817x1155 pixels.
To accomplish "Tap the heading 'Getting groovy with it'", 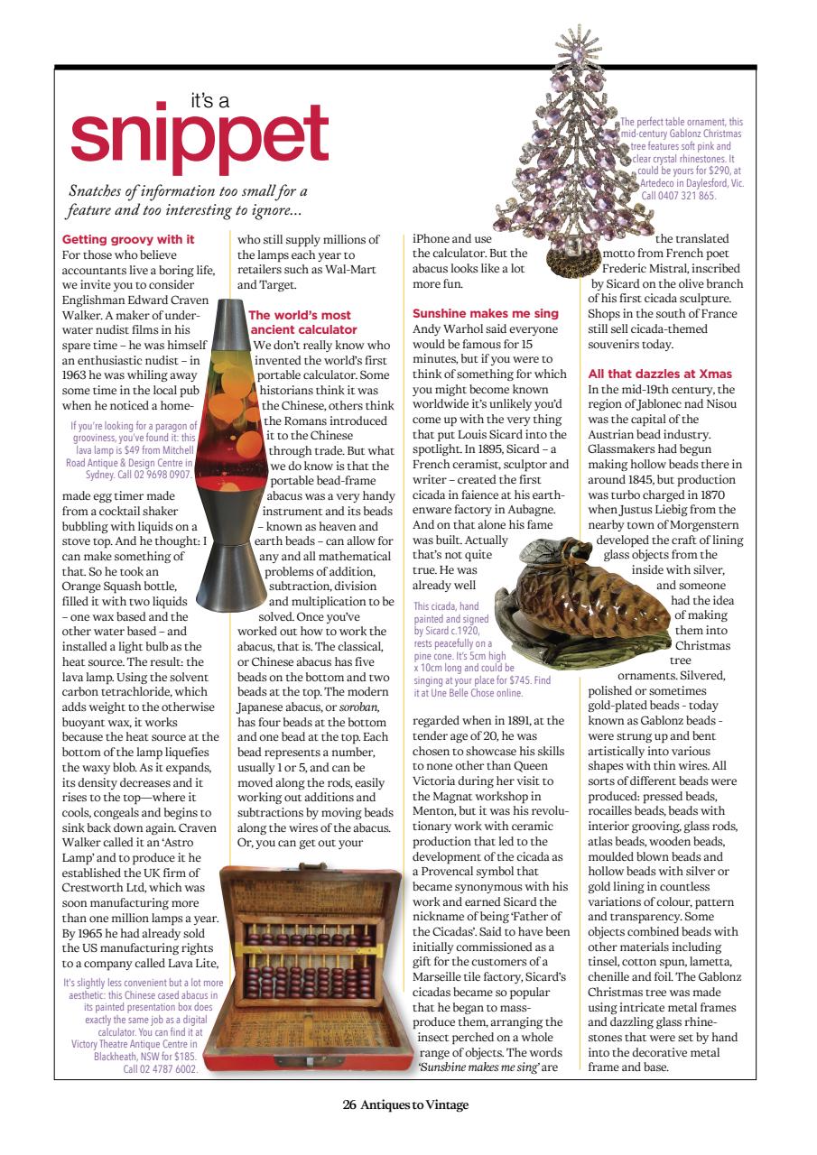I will click(x=127, y=239).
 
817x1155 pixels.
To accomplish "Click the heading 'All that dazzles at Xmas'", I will click(x=659, y=374).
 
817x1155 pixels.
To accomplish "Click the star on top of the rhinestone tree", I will click(x=571, y=41).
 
